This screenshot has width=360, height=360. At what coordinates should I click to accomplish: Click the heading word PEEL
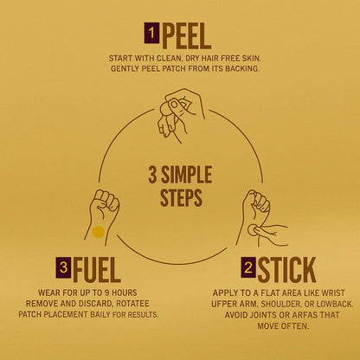[x=187, y=36]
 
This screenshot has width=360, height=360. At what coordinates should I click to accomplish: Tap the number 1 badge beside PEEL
[x=151, y=34]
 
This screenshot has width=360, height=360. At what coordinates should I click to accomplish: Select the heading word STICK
[x=286, y=270]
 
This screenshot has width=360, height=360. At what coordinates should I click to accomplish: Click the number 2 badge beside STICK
[x=248, y=267]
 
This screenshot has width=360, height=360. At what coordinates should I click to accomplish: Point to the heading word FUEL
[x=97, y=270]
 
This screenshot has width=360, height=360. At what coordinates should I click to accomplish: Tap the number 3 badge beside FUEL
[x=63, y=267]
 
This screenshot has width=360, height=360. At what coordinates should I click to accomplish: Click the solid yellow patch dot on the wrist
[x=98, y=232]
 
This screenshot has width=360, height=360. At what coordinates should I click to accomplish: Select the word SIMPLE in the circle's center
[x=186, y=175]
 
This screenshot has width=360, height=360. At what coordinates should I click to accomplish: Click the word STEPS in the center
[x=181, y=197]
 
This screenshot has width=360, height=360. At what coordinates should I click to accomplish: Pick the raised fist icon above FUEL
[x=102, y=215]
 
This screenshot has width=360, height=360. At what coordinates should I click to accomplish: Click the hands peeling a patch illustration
[x=180, y=115]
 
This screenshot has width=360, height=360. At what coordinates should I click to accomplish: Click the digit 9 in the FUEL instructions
[x=106, y=292]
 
